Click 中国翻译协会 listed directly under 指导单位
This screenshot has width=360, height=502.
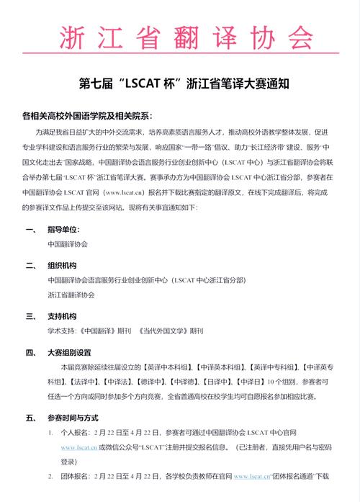(67, 245)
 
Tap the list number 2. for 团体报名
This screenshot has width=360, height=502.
(50, 477)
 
